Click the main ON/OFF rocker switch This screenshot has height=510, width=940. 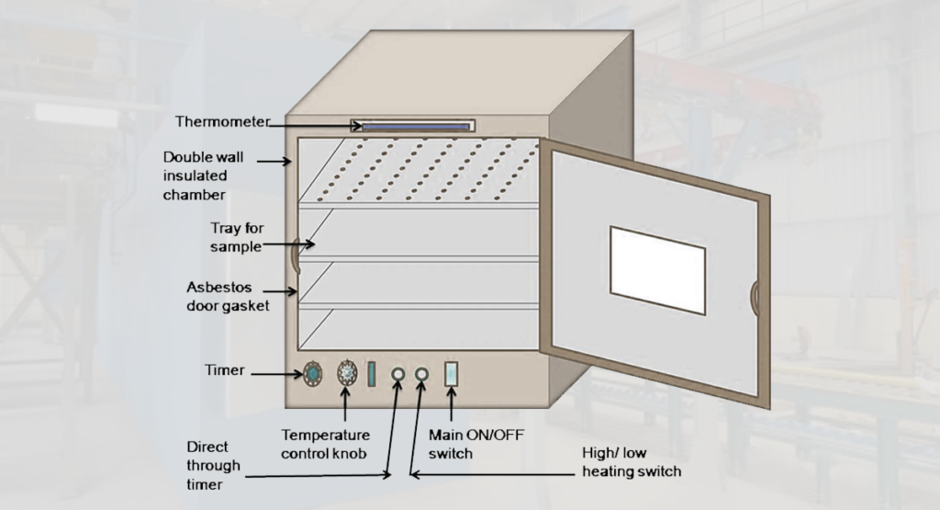(x=451, y=374)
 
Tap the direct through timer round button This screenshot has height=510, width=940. (x=398, y=375)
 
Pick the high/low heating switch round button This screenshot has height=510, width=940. (x=421, y=375)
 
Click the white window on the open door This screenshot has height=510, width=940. (x=657, y=268)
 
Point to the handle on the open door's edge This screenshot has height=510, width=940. (x=754, y=298)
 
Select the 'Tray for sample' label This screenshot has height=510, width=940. (x=235, y=237)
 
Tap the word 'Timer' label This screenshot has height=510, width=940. (x=224, y=370)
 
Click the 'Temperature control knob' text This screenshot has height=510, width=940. (x=325, y=443)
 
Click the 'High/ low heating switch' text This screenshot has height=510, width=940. (x=632, y=462)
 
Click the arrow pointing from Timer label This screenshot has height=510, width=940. (x=275, y=374)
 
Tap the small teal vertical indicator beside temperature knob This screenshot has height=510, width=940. (x=372, y=374)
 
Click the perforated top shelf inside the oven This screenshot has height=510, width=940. (x=422, y=170)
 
